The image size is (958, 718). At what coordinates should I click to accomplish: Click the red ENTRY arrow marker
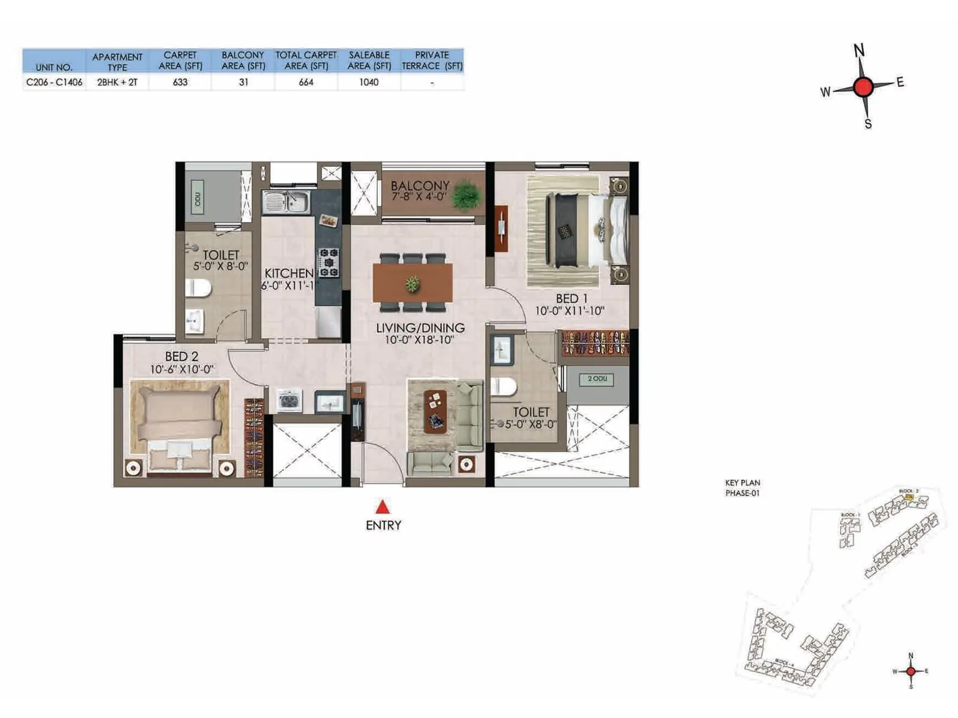pos(383,507)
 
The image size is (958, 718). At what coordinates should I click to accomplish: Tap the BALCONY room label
pos(420,186)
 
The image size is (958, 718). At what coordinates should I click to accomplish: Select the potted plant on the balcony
pos(466,196)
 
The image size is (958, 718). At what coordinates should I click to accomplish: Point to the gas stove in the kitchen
pos(328,262)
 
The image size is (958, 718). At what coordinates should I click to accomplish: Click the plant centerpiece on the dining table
pos(412,284)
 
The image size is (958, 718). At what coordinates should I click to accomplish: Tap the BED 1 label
pos(571,298)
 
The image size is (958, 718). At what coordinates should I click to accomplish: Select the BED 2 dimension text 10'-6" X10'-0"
pos(181,370)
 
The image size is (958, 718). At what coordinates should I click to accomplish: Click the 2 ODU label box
pos(597,379)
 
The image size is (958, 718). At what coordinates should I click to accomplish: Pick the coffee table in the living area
pos(435,411)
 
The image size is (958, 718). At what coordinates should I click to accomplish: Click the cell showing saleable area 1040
pos(369,82)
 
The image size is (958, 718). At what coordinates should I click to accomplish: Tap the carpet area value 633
pos(180,82)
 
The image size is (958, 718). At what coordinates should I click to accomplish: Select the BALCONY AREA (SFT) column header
pos(243,60)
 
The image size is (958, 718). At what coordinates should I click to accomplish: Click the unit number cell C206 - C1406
pos(54,82)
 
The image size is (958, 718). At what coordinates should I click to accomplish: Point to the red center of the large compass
pos(863,87)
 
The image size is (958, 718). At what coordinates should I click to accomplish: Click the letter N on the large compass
pos(859,50)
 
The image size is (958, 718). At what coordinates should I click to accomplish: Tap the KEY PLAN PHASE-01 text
pos(742,488)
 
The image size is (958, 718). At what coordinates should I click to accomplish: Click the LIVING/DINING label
pos(420,328)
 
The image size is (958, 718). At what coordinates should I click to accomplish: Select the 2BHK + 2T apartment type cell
pos(117,82)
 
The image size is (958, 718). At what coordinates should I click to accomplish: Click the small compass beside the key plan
pos(911,671)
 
